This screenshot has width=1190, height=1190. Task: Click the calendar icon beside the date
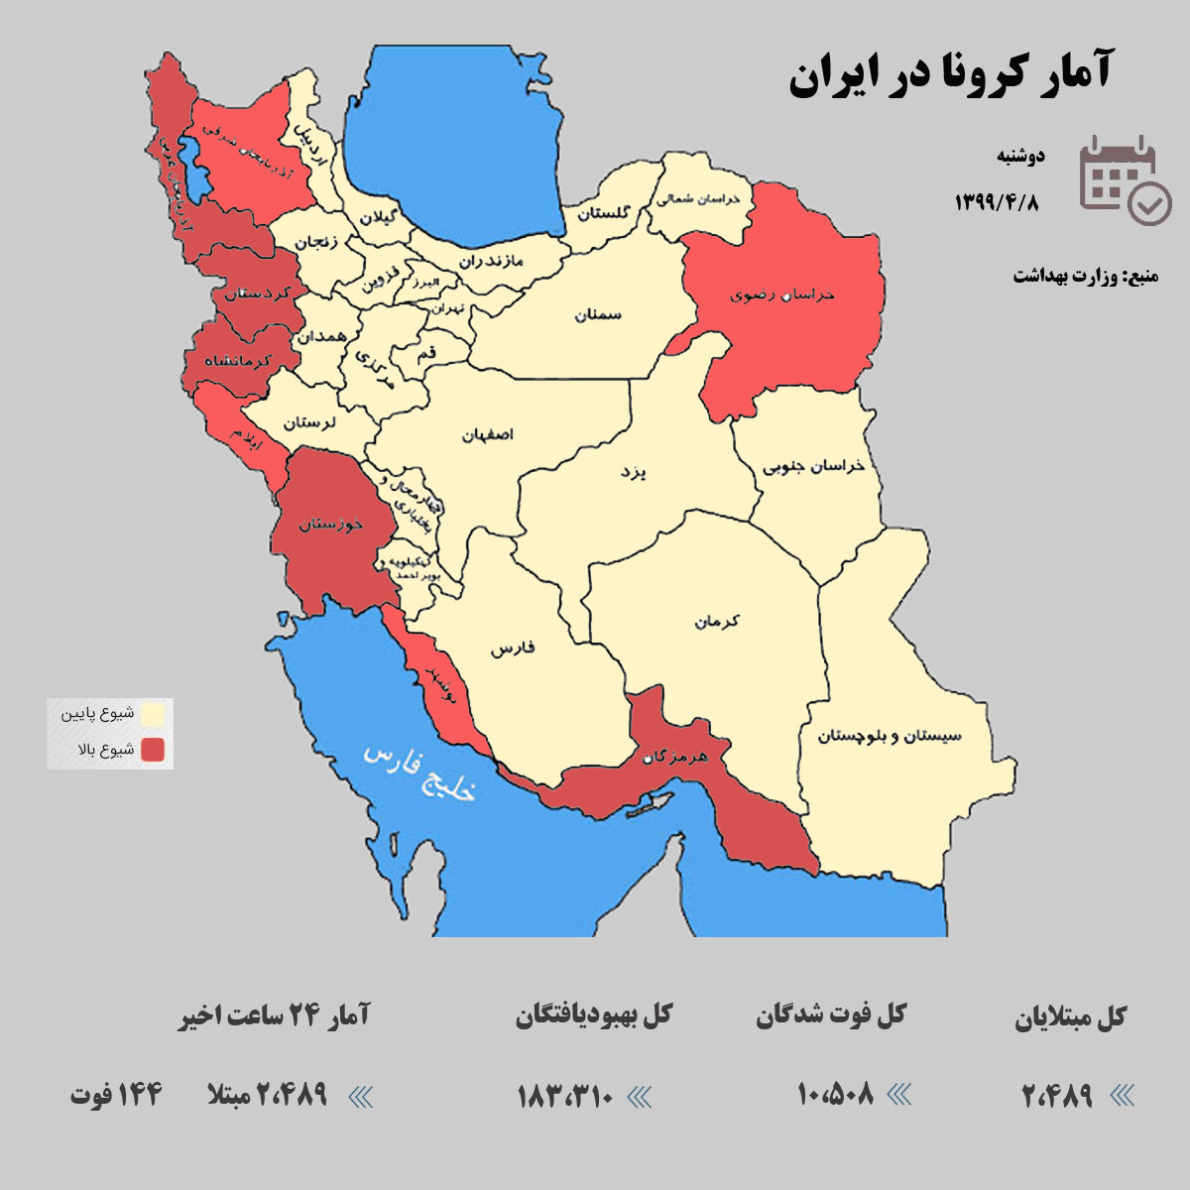point(1124,179)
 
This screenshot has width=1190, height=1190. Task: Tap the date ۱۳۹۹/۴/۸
point(996,202)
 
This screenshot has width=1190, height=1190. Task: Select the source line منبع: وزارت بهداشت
point(1085,276)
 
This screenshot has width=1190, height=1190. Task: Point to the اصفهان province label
point(487,434)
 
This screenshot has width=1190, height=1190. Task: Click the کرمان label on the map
point(717,622)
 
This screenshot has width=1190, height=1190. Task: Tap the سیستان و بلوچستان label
point(890,736)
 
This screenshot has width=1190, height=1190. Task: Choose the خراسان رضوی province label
point(782,295)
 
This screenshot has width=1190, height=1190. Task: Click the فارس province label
point(512,649)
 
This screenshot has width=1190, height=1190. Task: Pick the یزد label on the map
point(633,472)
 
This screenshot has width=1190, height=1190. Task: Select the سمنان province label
point(598,314)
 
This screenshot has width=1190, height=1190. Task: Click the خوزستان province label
point(331,524)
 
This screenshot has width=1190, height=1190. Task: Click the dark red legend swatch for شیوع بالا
point(152,750)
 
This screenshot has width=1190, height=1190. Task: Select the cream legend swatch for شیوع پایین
point(152,714)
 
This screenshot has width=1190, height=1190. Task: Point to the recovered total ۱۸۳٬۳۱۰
point(565,1096)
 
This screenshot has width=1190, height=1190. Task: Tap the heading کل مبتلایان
point(1070,1017)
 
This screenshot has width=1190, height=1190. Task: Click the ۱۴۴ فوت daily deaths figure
point(116,1095)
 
